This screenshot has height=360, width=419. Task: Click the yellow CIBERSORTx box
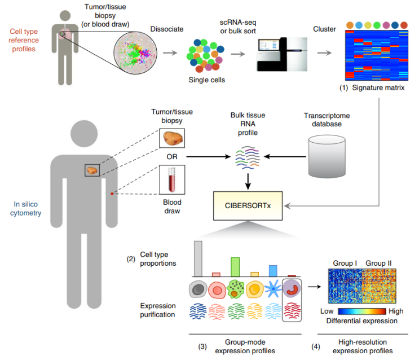point(248,206)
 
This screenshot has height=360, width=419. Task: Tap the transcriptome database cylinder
point(327,156)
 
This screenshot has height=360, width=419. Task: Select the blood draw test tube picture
point(172,180)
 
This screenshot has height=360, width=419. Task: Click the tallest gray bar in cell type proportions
point(198,258)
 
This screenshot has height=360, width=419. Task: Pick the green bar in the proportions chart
point(235,267)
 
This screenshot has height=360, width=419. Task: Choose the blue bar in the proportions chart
point(273,271)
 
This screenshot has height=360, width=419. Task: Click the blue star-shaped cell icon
point(273,289)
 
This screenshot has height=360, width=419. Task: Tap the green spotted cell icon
point(235,289)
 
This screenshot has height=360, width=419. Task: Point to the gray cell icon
point(198,289)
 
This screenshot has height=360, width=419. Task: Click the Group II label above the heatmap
point(378,263)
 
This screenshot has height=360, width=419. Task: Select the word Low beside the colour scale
point(327,311)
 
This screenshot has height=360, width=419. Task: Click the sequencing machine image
point(282,54)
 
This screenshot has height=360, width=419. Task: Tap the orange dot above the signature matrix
point(350,25)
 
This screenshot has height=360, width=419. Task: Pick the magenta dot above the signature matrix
point(386,25)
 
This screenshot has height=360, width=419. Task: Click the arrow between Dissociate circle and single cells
point(170,53)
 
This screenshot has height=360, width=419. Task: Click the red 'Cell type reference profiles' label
point(24,40)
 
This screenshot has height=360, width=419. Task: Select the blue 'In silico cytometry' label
point(25,209)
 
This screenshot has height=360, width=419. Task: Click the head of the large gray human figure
point(84,134)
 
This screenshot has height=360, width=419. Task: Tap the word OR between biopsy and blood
point(172,157)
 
